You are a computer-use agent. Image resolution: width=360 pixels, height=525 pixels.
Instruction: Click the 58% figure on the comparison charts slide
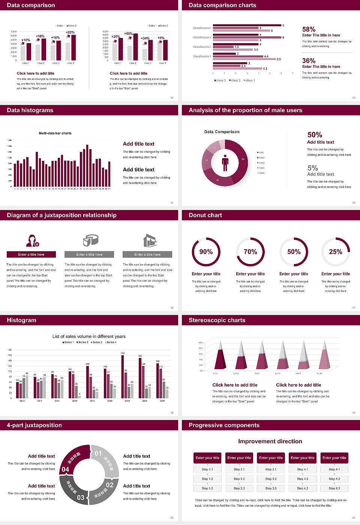coord(309,29)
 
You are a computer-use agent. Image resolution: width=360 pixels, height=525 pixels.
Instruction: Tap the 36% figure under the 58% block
coord(309,61)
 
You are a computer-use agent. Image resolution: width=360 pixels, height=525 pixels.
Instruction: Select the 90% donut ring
coord(206,252)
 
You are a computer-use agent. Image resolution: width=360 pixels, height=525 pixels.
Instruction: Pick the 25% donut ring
coord(336,252)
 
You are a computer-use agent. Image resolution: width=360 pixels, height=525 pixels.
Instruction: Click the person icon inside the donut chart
coord(225,163)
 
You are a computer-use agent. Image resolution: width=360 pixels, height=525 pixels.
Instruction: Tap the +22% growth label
coord(70,33)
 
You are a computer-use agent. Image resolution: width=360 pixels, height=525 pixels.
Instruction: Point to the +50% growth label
coord(128,34)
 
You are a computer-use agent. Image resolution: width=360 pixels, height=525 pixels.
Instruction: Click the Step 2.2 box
coord(239,479)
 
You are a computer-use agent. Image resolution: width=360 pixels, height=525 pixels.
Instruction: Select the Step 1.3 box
coord(207,488)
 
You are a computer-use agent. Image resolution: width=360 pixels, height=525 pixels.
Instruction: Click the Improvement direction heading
coord(270,441)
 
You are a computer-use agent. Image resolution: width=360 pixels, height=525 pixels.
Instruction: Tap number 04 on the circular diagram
coord(65,469)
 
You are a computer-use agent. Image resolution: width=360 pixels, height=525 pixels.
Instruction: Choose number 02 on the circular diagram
coord(109,485)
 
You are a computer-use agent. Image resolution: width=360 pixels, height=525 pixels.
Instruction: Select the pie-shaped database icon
coord(90,240)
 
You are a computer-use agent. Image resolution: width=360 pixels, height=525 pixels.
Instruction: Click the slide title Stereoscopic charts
coord(217,320)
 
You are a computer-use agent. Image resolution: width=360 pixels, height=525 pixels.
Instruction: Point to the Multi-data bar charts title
coord(55,133)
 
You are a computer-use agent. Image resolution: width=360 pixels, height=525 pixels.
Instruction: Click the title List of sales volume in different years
coord(89,336)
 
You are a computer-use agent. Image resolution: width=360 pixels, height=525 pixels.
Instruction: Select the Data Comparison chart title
coord(222,132)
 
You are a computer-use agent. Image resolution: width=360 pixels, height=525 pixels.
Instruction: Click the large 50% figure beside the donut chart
coord(315,135)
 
